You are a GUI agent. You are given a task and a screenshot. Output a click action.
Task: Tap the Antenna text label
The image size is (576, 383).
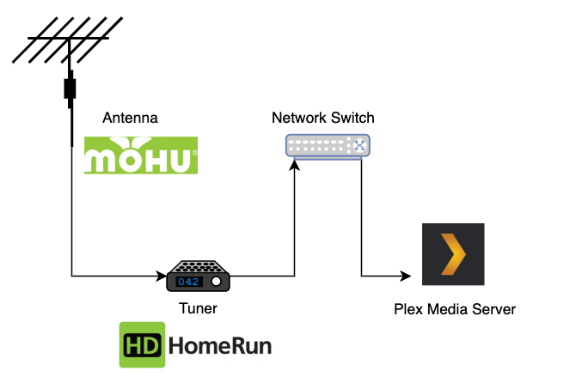[131, 118]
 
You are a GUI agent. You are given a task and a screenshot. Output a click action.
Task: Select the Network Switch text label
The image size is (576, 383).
[322, 118]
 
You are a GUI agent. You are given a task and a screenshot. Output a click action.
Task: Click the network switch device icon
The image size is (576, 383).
[327, 146]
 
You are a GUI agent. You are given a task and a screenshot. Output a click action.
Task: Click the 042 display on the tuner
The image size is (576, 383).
[189, 282]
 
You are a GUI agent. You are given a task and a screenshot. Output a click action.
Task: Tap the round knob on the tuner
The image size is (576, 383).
[217, 282]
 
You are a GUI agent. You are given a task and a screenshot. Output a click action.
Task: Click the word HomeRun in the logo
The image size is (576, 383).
[220, 347]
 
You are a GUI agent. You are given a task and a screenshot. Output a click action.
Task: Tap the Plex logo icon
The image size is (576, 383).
[452, 255]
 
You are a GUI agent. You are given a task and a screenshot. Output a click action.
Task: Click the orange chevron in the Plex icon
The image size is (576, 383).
[454, 255]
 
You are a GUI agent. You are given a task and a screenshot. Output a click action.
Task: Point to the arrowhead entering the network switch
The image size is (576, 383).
[295, 167]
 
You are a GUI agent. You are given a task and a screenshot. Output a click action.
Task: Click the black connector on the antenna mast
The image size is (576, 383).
[69, 89]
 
